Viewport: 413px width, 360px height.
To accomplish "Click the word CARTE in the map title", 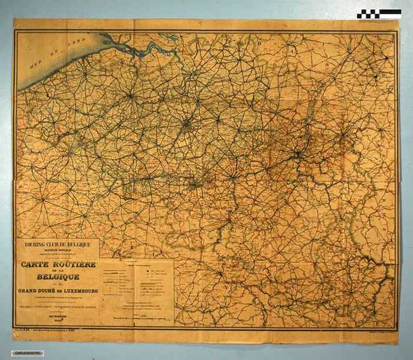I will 35,265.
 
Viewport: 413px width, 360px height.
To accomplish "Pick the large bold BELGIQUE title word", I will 57,276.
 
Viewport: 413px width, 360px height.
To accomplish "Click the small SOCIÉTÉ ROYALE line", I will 57,250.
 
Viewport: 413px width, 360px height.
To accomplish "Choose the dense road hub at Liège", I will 299,155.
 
